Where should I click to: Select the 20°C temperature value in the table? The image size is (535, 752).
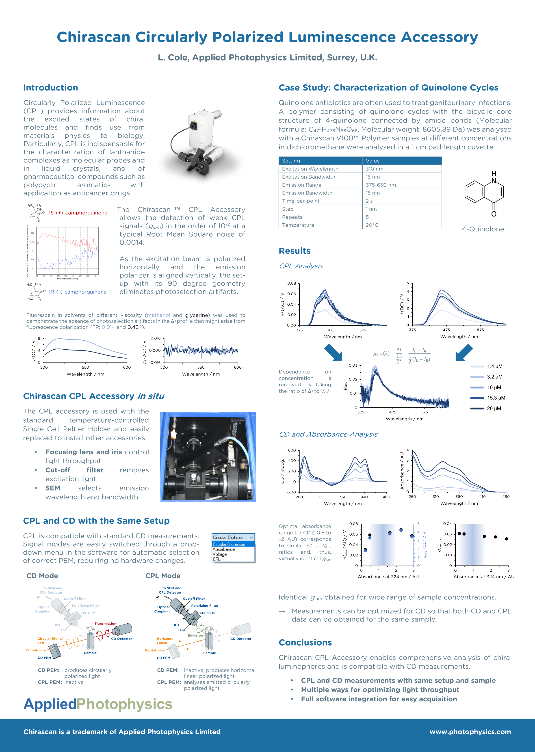tap(372, 225)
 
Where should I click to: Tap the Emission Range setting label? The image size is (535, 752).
tap(301, 185)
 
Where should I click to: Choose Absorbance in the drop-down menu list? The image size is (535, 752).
tap(224, 549)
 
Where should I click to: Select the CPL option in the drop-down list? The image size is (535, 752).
tap(217, 559)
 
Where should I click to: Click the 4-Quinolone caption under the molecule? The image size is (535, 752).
tap(483, 229)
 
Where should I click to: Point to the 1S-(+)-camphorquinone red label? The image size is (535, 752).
tap(78, 213)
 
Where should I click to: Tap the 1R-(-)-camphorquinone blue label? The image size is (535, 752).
tap(77, 292)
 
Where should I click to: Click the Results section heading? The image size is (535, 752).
tap(295, 251)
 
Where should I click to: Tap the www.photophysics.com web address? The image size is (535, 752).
tap(470, 732)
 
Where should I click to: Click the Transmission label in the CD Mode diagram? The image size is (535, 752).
tap(105, 624)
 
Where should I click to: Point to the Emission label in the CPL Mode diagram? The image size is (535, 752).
tap(195, 635)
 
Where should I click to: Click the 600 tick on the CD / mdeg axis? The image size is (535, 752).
tap(292, 450)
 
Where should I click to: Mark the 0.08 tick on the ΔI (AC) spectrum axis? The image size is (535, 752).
tap(292, 283)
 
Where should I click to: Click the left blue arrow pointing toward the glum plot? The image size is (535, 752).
tap(333, 353)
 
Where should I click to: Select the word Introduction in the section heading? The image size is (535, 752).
tap(50, 88)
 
